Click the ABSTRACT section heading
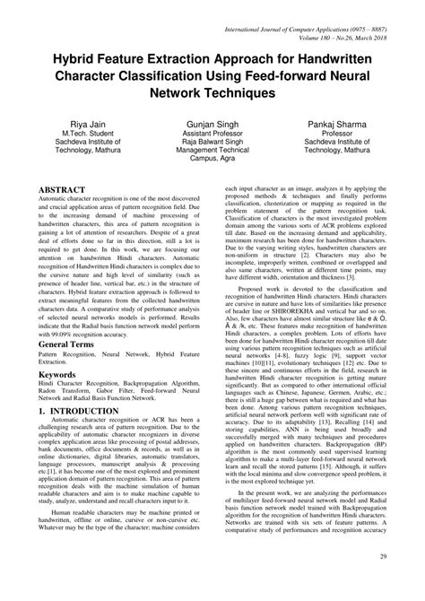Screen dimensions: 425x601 tap(65, 191)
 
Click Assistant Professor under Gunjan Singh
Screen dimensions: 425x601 tap(212, 130)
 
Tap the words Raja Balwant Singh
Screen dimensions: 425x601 tap(212, 142)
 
